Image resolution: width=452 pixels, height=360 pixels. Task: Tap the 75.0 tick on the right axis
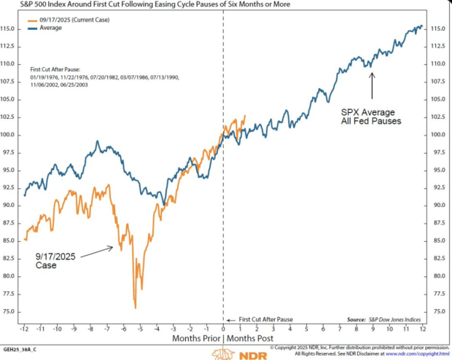tap(439, 311)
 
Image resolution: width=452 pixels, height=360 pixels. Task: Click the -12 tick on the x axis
tap(25, 329)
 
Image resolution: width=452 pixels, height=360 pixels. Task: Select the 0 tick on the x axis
tap(223, 329)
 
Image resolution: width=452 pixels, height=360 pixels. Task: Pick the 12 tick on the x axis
tap(422, 329)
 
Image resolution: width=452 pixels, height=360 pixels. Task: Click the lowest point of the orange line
tap(135, 308)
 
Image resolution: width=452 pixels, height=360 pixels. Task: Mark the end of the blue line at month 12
tap(421, 26)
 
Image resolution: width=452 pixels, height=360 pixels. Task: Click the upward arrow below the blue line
tap(372, 86)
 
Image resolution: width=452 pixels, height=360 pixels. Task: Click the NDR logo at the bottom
tap(227, 353)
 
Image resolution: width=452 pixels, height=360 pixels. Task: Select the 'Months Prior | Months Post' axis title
tap(223, 339)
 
